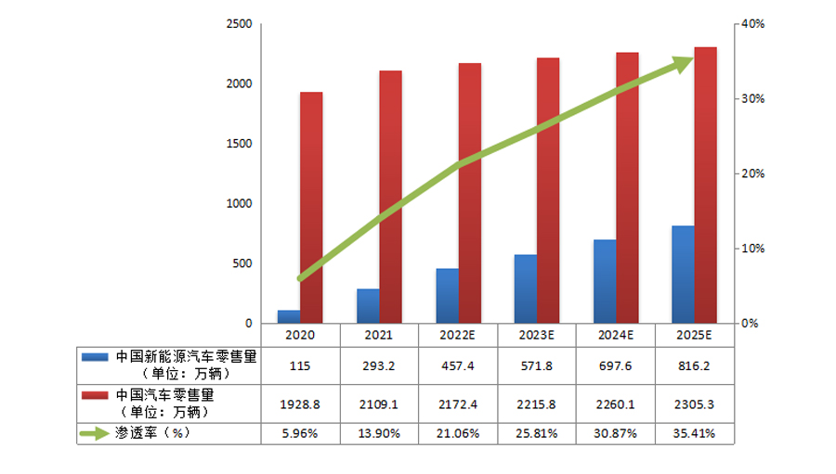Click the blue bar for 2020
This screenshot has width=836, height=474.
(x=289, y=316)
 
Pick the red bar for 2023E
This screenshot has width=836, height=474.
(x=548, y=190)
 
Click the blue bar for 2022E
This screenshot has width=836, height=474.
(x=447, y=296)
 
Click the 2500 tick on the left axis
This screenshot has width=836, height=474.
(x=240, y=24)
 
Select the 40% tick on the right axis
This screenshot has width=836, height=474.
(x=751, y=24)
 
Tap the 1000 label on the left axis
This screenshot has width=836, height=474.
(x=240, y=204)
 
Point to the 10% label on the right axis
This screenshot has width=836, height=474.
(x=751, y=249)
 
